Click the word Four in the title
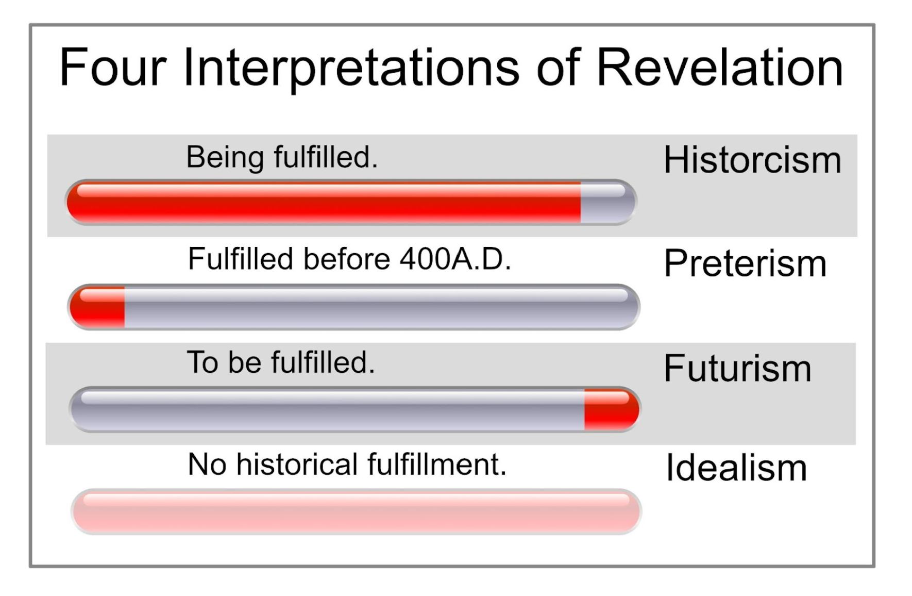113,68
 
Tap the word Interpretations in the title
351,69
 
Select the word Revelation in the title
719,68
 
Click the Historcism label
752,160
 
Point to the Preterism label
745,263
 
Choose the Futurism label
737,369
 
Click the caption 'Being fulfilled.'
282,157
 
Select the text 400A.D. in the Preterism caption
455,259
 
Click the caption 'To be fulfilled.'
281,362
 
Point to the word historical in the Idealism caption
297,464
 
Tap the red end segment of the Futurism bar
610,409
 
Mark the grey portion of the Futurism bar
328,409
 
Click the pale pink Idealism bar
356,511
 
